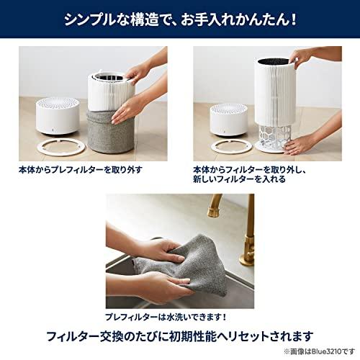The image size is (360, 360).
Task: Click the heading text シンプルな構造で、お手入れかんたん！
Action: click(x=180, y=15)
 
